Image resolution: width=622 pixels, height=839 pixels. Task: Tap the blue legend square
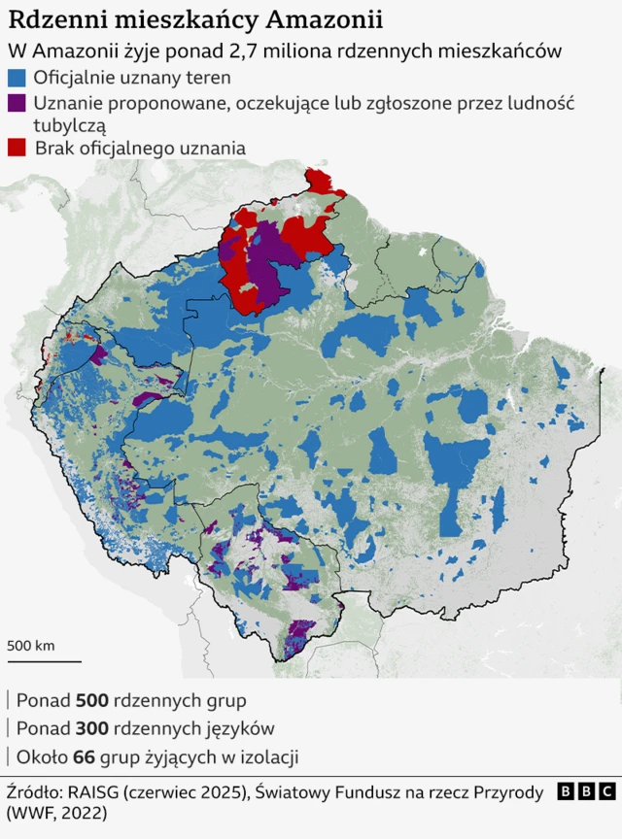pos(17,78)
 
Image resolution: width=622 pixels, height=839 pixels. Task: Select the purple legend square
pos(17,101)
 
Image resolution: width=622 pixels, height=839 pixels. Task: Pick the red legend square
pos(17,148)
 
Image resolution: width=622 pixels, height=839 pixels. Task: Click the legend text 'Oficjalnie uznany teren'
pos(132,78)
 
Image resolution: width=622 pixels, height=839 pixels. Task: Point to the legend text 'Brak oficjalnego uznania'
pos(140,148)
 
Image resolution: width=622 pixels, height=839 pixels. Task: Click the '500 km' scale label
pos(31,645)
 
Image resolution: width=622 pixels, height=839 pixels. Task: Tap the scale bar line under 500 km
pos(44,661)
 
